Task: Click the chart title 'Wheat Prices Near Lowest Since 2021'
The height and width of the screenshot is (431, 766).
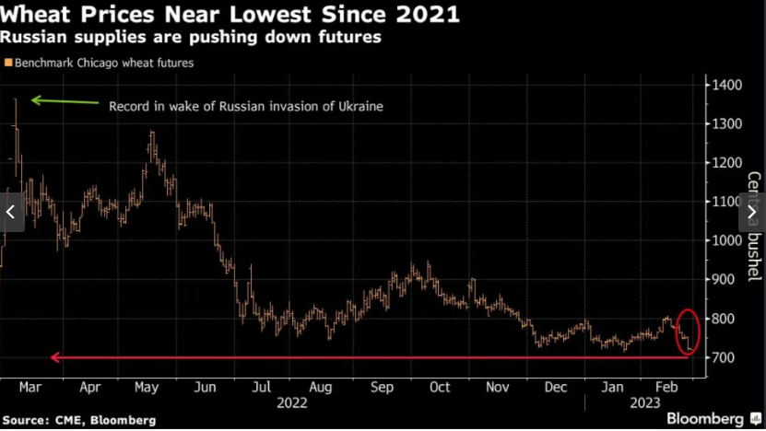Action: (230, 16)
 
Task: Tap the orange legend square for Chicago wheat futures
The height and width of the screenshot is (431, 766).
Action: (8, 63)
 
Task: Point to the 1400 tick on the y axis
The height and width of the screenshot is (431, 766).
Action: (726, 85)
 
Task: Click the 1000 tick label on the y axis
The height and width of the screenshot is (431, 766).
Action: (726, 240)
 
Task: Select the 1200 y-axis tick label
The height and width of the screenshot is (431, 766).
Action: (726, 163)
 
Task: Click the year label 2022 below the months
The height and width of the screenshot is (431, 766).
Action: (292, 402)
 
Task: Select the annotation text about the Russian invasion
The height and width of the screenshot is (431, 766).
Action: (246, 107)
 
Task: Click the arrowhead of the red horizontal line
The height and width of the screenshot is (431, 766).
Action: (54, 357)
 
